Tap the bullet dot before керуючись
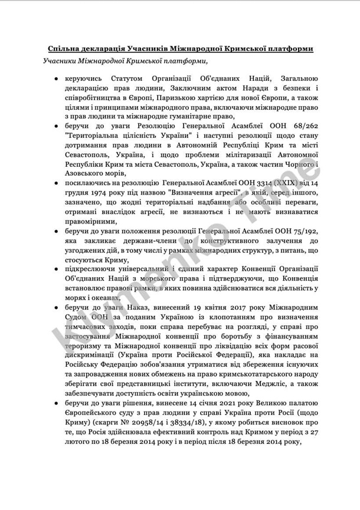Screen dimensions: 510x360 click(x=55, y=79)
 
